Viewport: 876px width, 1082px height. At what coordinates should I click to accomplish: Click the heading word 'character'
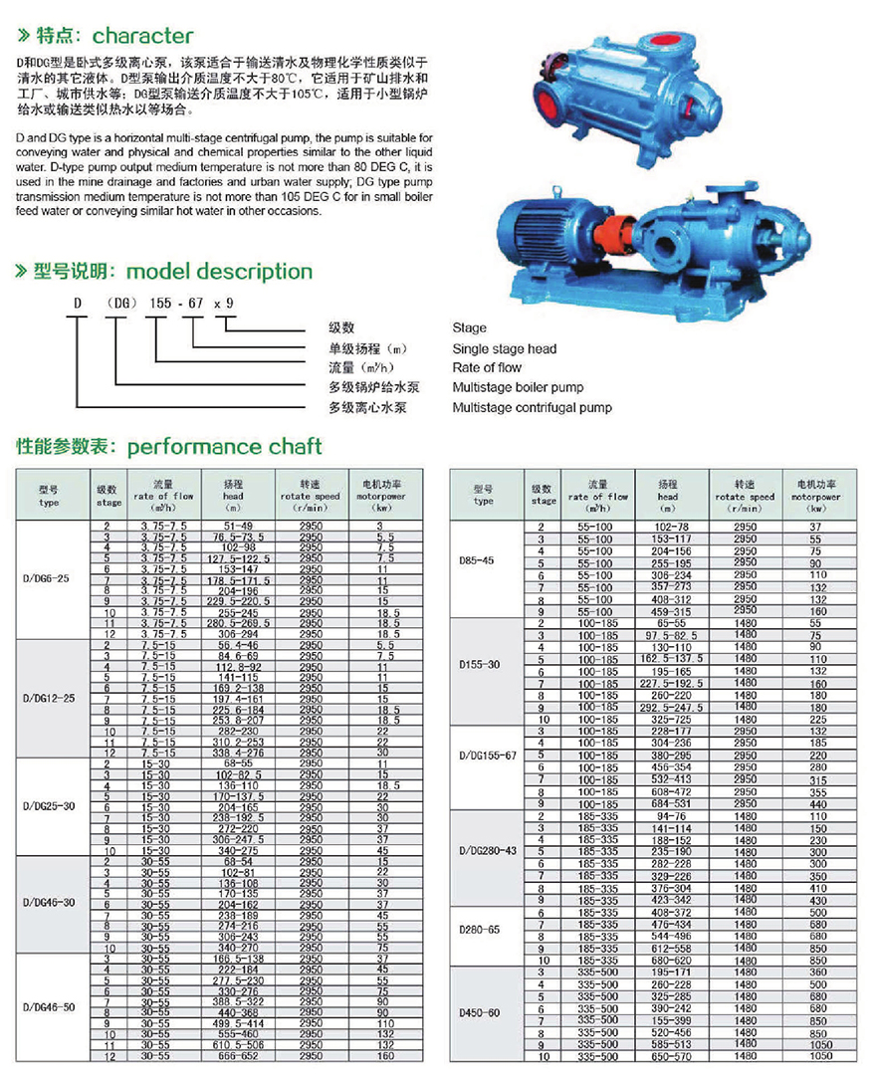pyautogui.click(x=142, y=37)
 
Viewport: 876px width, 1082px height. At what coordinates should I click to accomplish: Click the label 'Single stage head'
pyautogui.click(x=505, y=348)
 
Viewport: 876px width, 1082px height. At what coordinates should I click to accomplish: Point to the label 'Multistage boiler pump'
pyautogui.click(x=518, y=387)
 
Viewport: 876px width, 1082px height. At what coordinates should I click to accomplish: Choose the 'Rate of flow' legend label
pyautogui.click(x=488, y=368)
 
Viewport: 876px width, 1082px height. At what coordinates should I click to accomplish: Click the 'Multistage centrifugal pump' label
pyautogui.click(x=532, y=407)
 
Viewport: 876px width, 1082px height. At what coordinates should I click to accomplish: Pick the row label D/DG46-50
pyautogui.click(x=50, y=1005)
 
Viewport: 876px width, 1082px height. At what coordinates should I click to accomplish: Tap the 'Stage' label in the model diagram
pyautogui.click(x=469, y=327)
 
